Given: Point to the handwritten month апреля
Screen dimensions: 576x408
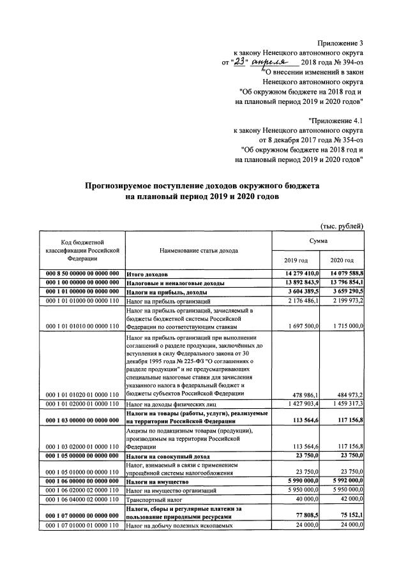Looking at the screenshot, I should point(271,61).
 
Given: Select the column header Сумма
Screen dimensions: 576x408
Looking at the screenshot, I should point(319,241).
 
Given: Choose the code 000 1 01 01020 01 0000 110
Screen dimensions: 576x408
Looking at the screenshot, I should point(79,395).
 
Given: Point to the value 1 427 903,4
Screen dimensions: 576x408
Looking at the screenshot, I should point(298,404).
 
